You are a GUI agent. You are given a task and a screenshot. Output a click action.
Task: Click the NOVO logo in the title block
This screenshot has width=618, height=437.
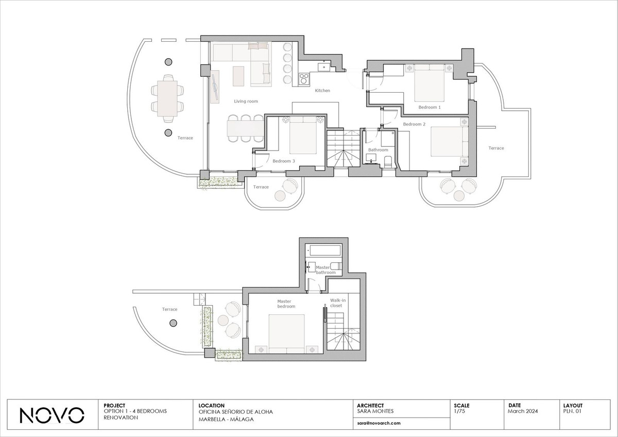(x=51, y=415)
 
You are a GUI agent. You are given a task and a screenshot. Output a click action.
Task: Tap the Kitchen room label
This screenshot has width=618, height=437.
(x=322, y=90)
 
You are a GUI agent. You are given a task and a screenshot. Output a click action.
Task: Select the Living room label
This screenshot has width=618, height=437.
(x=246, y=102)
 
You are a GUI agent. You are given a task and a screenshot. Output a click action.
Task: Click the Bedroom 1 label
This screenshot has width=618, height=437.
(x=430, y=107)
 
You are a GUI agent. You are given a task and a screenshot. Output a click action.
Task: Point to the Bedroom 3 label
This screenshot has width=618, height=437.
(x=284, y=161)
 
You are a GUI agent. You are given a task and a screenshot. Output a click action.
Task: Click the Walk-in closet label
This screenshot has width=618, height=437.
(x=338, y=303)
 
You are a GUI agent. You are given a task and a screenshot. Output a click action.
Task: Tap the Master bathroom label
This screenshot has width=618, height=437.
(x=325, y=270)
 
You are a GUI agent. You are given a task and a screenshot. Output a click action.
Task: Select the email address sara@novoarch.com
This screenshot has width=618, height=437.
(x=379, y=423)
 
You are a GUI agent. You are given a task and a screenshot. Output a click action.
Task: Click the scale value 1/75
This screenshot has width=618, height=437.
(x=459, y=411)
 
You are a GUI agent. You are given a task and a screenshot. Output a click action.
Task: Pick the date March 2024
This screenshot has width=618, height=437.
(x=523, y=411)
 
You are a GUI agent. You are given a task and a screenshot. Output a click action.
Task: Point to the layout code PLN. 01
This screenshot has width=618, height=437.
(x=572, y=411)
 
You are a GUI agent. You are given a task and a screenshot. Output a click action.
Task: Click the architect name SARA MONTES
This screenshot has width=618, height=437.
(x=375, y=411)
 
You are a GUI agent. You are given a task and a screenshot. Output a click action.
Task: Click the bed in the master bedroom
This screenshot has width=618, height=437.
(x=287, y=333)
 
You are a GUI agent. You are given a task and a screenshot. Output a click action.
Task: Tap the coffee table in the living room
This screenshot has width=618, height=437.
(x=238, y=76)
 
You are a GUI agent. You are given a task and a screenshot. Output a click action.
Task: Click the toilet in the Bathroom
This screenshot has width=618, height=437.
(x=388, y=161)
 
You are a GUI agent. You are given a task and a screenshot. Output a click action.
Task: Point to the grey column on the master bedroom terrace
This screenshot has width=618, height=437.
(x=173, y=323)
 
